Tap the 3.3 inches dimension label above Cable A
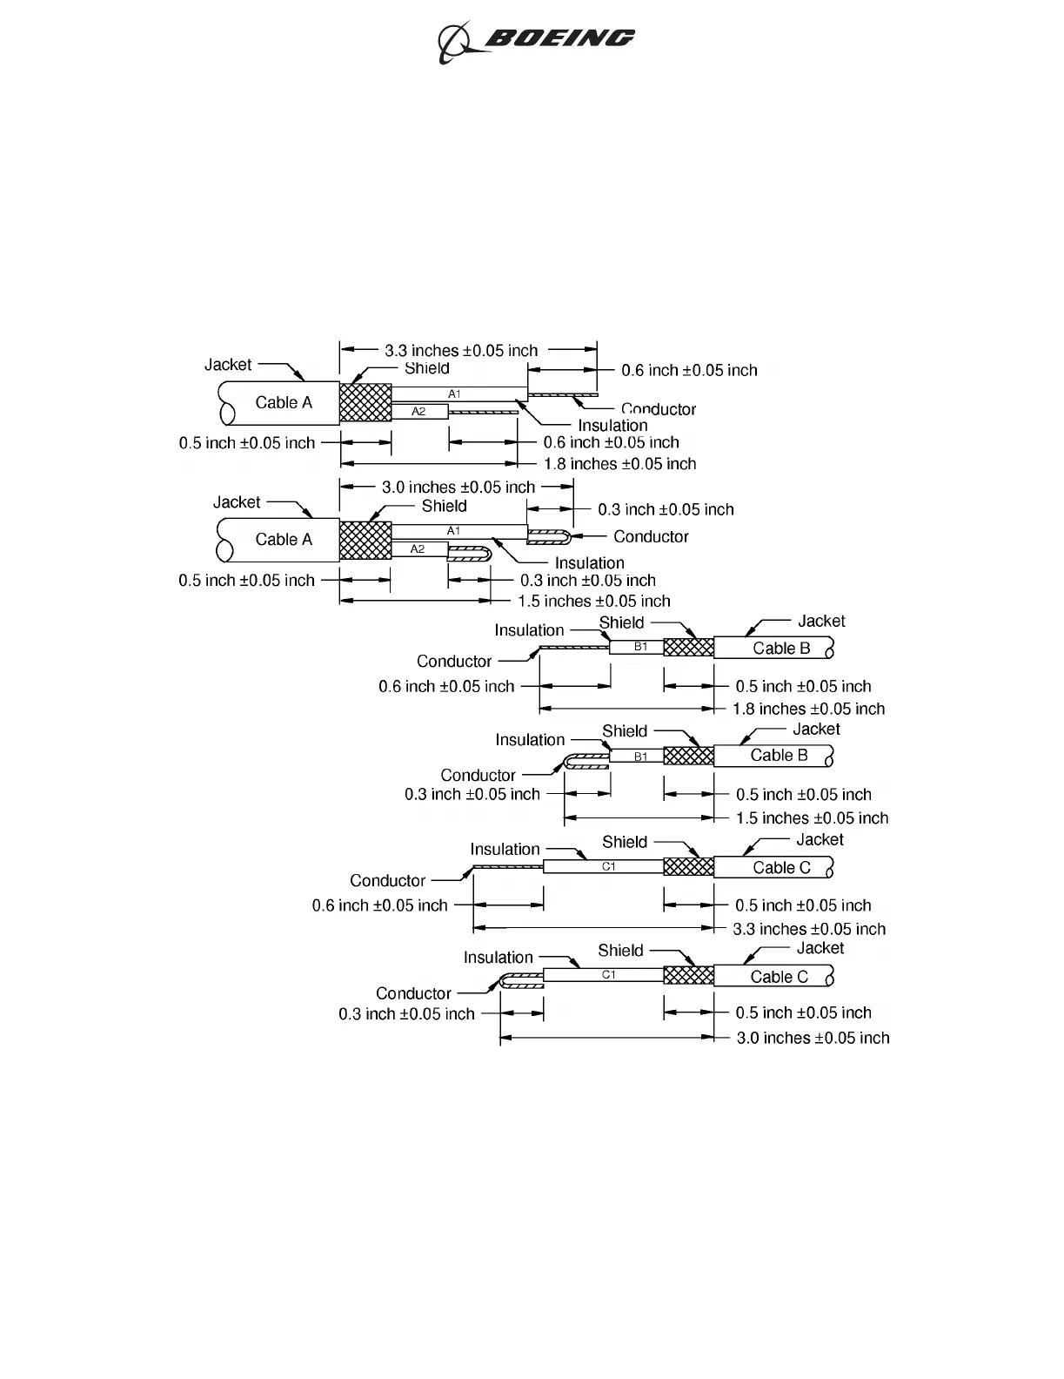461,351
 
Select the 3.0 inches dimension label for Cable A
458,488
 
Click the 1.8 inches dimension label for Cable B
808,709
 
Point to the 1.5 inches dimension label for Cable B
812,818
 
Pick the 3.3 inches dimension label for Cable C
809,929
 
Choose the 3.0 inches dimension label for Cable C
813,1038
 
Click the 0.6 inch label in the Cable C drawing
379,905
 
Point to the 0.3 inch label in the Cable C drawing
406,1014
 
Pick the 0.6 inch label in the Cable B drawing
446,687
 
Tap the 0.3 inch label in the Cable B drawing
472,795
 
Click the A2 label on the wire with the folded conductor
418,549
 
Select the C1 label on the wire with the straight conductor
609,866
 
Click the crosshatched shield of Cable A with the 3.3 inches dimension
365,403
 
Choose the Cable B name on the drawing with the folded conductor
779,756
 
